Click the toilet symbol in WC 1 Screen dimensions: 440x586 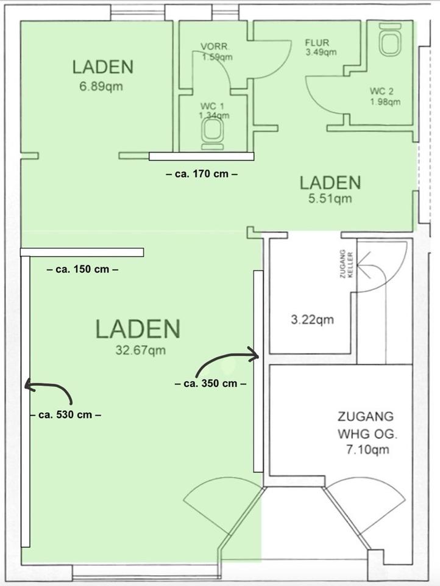213,132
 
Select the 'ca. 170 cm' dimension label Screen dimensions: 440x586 202,174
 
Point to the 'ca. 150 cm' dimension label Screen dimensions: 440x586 82,269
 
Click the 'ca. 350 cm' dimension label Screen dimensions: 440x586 210,383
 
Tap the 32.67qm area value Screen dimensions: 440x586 140,350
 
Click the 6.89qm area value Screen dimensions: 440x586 101,87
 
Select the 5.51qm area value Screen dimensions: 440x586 330,198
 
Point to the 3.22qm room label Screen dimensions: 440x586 312,320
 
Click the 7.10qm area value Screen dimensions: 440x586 367,449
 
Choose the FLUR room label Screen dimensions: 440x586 318,43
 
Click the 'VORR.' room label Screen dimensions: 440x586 215,47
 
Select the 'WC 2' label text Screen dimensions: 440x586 381,91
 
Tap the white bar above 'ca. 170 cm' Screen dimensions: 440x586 202,156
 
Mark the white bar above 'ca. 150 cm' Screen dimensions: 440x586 82,252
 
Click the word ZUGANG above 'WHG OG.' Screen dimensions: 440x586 360,416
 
